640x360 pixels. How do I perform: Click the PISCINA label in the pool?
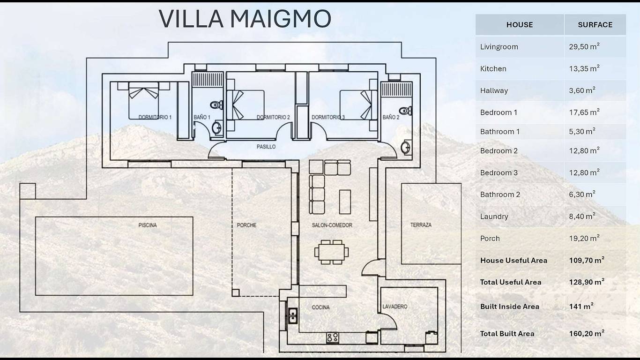148,225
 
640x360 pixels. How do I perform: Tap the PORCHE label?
246,225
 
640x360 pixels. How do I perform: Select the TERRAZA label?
421,225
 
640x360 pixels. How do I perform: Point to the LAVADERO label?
395,307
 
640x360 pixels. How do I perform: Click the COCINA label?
320,307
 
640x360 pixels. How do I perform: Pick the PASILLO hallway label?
266,147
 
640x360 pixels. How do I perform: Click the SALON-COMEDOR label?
332,225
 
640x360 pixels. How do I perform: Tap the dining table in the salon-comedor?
331,252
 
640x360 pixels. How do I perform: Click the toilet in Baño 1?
216,105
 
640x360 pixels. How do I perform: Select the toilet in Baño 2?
405,111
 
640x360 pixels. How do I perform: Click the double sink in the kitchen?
293,315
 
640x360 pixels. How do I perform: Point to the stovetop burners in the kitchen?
333,337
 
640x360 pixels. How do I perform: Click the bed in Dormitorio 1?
143,101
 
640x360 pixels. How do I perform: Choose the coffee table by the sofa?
345,202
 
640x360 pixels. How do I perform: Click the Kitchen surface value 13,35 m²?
584,68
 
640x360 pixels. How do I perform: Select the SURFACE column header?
595,25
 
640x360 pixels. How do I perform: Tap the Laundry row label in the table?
494,217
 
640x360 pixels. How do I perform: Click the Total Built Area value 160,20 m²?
587,333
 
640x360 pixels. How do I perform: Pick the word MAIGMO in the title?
281,19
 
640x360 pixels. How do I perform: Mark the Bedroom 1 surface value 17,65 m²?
584,112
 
